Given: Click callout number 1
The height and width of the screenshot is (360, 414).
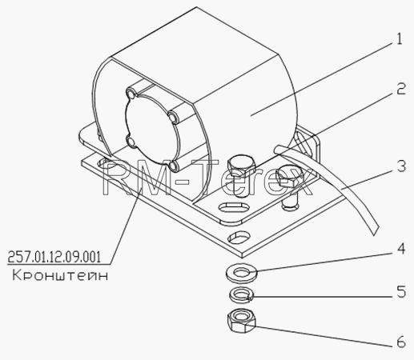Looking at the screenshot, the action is coord(399,39).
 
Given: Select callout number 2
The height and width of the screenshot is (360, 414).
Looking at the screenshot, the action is coord(401,89).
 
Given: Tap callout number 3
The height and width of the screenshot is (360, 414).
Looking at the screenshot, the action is coord(401,166).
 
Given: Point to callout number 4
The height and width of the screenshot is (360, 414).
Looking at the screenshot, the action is coord(401,249).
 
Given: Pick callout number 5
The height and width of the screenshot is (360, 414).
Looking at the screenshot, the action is coord(401,291).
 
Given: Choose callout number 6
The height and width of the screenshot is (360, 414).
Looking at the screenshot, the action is coord(401,342).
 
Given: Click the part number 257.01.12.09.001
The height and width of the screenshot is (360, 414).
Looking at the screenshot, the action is coord(54,258).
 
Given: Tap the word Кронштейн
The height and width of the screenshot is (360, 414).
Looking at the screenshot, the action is coord(60,275).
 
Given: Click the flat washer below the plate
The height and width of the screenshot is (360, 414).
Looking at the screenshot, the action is coord(241,273).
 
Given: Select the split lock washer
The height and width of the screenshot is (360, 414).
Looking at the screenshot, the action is coord(241,295).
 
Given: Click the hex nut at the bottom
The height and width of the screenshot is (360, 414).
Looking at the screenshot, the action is coord(241,320).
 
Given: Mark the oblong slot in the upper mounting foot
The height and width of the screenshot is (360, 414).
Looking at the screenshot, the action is coord(234,207).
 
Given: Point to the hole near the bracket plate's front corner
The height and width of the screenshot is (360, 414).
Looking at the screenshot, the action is coord(239,237).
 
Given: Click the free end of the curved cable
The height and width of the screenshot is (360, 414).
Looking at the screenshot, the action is coord(376,231).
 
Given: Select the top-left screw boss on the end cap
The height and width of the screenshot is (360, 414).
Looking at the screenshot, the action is coord(131,94).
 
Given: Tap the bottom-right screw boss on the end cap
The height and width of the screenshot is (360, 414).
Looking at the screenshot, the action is coord(175,166).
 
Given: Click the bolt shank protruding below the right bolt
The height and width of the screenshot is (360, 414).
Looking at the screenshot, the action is coord(290,202).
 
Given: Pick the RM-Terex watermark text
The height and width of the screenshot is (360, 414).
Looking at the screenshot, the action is coord(207,177).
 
